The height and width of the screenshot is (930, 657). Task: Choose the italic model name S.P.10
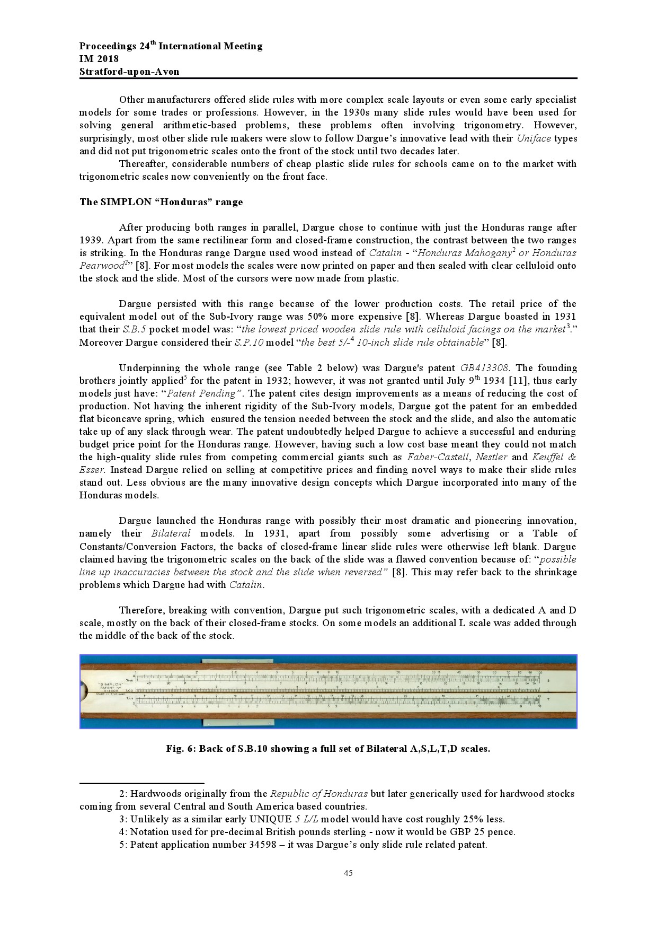(x=248, y=343)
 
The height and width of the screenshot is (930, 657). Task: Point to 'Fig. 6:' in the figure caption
(x=181, y=749)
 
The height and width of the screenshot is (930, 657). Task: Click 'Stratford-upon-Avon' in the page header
(x=129, y=72)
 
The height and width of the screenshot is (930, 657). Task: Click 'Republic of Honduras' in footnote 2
(x=319, y=794)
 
